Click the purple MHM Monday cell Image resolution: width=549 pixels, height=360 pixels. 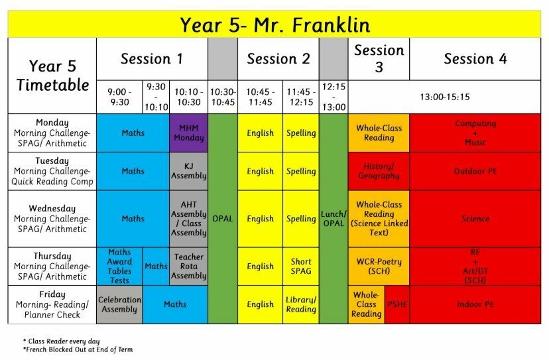pos(188,133)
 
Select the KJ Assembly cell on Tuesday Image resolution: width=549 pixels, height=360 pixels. pos(188,171)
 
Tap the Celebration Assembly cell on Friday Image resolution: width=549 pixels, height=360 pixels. pos(119,304)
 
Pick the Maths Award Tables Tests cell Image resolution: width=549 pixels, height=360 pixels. pos(119,266)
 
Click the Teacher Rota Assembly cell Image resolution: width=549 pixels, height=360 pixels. pos(188,266)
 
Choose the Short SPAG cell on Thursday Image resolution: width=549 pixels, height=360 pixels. pos(301,266)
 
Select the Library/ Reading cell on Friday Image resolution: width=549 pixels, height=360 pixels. pos(301,304)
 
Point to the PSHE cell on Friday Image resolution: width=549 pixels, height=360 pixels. pos(397,304)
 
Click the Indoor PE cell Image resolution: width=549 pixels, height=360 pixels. pos(475,304)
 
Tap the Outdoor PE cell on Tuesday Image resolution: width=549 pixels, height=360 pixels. pos(475,171)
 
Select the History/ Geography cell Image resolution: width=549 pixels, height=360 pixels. pos(379,171)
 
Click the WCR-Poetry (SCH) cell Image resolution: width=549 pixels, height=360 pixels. pos(379,266)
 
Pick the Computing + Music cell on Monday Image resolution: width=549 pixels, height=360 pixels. pos(475,133)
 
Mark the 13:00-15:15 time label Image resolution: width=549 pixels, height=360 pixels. pos(445,97)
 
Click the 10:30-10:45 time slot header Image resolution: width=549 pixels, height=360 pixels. pos(223,97)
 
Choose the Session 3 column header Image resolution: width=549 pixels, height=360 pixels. pos(379,58)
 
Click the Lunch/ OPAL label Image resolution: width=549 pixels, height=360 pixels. pos(334,219)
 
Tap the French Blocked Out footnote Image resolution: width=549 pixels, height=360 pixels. pos(78,349)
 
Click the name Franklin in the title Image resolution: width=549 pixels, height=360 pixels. pos(331,25)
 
